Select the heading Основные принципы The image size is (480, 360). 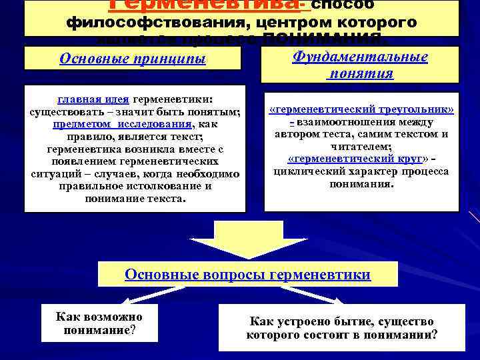[x=133, y=59]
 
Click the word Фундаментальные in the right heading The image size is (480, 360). [x=360, y=57]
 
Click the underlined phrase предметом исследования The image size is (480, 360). [x=124, y=123]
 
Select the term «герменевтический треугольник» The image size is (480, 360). [x=361, y=109]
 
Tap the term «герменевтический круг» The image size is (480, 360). [x=357, y=159]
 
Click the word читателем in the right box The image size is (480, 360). [x=361, y=147]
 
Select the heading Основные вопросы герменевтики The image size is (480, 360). [x=248, y=274]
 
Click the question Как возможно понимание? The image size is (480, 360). [x=99, y=323]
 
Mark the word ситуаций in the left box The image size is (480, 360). [x=51, y=173]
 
